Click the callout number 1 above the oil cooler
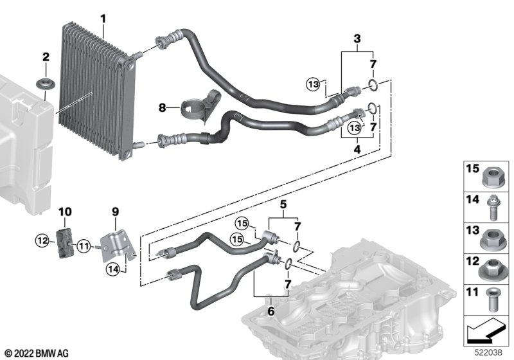(x=103, y=19)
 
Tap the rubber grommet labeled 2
(x=46, y=84)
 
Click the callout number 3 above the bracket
(x=357, y=39)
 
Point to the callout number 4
(x=357, y=150)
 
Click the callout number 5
(x=283, y=204)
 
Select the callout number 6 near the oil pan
(x=270, y=310)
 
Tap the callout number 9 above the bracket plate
(x=115, y=212)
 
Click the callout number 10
(x=65, y=212)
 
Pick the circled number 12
(x=42, y=241)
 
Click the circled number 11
(x=84, y=246)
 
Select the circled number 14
(x=113, y=269)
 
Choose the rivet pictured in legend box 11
(x=492, y=300)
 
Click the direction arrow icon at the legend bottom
(x=485, y=330)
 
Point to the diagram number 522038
(x=488, y=352)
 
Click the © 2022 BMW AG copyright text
(x=37, y=354)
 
